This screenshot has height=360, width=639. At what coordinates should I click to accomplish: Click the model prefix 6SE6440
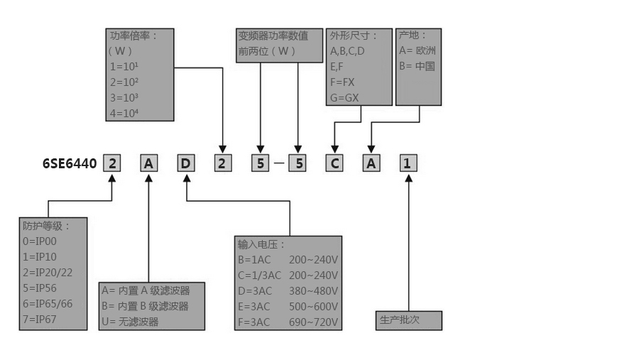70,164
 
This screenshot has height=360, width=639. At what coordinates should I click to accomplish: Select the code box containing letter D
185,164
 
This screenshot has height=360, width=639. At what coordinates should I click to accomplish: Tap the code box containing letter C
334,164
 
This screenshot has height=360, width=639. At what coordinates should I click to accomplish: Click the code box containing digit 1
407,164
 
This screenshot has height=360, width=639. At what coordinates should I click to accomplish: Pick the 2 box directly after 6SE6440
112,164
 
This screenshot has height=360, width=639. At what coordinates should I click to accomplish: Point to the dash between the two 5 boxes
279,164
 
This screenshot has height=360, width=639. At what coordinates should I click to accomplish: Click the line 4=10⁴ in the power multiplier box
124,112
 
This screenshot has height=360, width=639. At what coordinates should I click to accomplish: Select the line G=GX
344,97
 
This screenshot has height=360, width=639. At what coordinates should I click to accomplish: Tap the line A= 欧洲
417,50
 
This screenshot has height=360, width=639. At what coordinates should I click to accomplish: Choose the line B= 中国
417,66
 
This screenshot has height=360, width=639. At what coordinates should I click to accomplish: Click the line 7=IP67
39,320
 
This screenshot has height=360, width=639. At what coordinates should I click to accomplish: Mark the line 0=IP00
40,241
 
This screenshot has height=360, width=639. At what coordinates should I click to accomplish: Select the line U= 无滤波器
130,322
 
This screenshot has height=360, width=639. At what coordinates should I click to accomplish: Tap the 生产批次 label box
408,320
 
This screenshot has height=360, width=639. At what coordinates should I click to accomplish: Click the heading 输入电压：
262,244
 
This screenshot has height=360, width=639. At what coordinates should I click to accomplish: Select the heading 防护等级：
47,226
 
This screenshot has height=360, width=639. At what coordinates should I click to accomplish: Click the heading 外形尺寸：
354,36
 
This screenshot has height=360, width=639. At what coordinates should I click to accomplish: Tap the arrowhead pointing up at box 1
408,178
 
